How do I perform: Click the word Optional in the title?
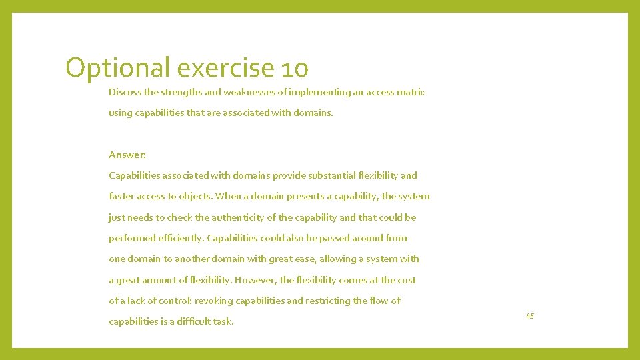(x=118, y=68)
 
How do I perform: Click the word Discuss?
(x=125, y=92)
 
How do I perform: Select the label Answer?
(x=127, y=155)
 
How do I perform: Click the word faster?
(x=121, y=196)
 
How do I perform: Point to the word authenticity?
(x=247, y=217)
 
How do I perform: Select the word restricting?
(x=328, y=301)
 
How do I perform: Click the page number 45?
(x=530, y=315)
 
